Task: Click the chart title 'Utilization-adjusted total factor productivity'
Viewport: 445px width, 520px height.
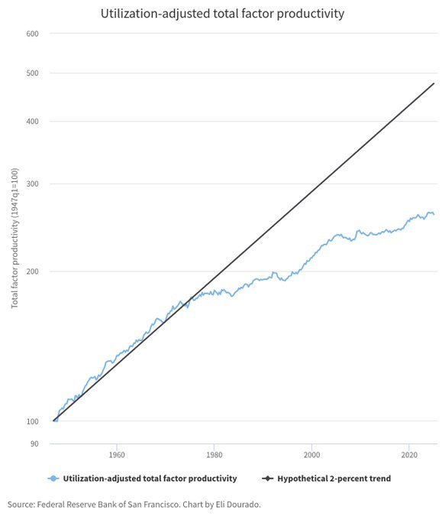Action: pos(222,14)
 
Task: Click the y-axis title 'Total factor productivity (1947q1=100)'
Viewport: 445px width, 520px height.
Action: pos(15,239)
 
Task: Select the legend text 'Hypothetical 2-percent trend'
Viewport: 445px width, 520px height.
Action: pos(334,479)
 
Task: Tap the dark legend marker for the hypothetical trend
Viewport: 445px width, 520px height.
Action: pos(267,479)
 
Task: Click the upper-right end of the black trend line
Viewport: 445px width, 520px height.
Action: pos(434,83)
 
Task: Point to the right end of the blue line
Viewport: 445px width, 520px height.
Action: pos(434,214)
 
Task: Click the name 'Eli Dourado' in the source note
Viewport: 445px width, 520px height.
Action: pos(237,505)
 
